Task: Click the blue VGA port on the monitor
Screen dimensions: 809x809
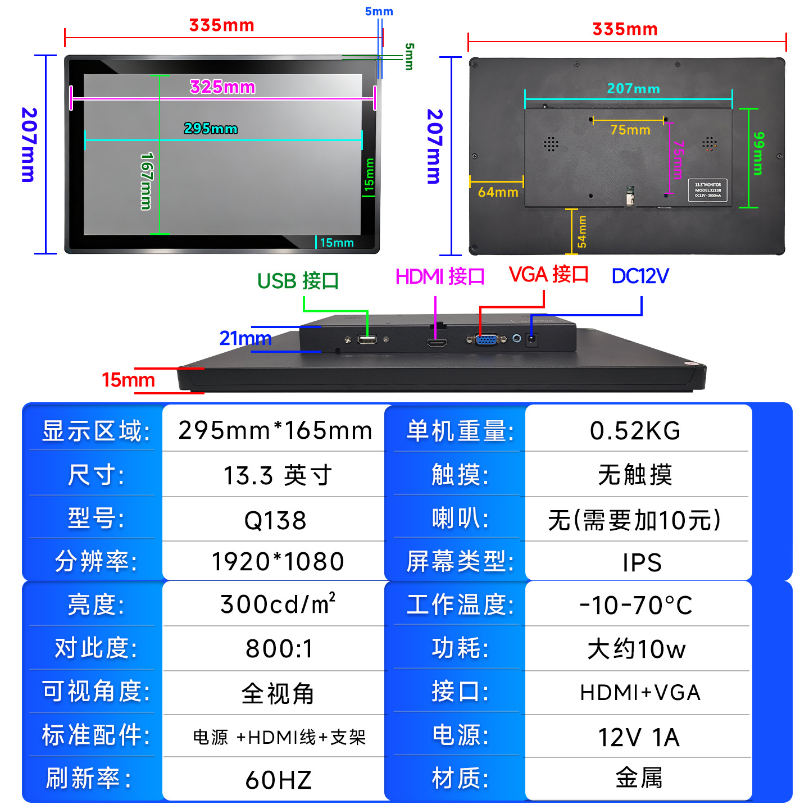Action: click(x=487, y=339)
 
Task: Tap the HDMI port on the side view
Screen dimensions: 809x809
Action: click(x=437, y=342)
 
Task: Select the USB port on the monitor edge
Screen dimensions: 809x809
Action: click(x=367, y=339)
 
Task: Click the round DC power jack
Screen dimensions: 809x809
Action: click(x=531, y=339)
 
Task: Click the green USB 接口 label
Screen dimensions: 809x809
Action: click(x=298, y=281)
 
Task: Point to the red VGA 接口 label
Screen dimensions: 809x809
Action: click(x=548, y=275)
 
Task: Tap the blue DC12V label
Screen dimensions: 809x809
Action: click(x=640, y=276)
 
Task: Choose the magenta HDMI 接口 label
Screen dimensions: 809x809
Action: click(x=440, y=276)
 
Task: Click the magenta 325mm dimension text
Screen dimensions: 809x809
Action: click(x=222, y=87)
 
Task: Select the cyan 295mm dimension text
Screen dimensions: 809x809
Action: click(x=211, y=129)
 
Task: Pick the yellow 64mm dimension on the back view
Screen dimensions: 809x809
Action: click(x=498, y=192)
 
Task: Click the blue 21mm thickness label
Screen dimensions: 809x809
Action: click(x=246, y=338)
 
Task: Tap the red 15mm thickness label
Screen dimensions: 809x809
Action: click(x=128, y=380)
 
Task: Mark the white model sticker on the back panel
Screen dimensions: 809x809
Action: click(x=708, y=190)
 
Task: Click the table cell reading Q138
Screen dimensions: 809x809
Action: click(x=275, y=520)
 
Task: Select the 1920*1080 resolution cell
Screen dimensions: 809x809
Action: click(x=278, y=562)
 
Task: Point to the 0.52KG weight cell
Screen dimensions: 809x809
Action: click(x=635, y=431)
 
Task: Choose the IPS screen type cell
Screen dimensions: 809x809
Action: click(x=642, y=562)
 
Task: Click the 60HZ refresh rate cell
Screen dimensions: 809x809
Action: click(x=278, y=780)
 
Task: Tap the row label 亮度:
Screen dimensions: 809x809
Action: click(x=96, y=605)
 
